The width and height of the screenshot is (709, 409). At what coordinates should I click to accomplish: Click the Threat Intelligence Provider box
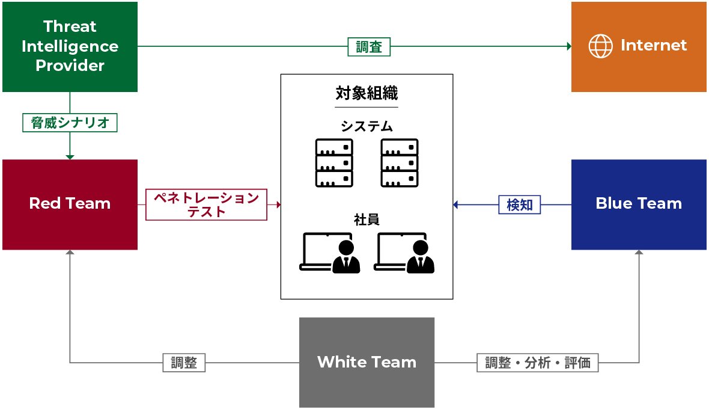[70, 46]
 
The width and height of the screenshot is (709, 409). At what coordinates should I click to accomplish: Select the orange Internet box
[639, 46]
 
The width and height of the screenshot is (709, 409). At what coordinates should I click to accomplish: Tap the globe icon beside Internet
[600, 46]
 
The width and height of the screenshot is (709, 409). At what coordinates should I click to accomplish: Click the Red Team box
[70, 204]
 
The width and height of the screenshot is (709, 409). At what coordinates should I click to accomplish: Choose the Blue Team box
[639, 204]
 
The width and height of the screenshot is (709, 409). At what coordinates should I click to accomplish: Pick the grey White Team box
[367, 362]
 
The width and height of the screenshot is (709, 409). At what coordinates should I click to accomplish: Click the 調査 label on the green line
[369, 46]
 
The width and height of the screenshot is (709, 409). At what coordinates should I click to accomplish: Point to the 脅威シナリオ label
[70, 123]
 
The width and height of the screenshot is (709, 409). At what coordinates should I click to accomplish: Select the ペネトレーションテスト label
[206, 204]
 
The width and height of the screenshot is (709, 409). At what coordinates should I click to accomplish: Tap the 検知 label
[520, 204]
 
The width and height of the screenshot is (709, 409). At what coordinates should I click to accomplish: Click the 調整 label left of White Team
[183, 363]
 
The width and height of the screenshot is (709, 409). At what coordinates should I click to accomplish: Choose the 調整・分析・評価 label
[537, 363]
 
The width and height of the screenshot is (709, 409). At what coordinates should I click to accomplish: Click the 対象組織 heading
[367, 94]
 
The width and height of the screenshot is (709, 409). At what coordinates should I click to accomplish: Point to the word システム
[367, 126]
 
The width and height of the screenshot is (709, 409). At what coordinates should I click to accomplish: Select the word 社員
[367, 220]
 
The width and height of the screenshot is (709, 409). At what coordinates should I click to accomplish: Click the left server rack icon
[334, 162]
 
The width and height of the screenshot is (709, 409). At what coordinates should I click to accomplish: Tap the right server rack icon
[400, 162]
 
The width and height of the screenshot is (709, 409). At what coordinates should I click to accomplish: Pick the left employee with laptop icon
[330, 253]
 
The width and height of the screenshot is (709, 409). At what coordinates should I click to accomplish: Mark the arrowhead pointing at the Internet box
[568, 46]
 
